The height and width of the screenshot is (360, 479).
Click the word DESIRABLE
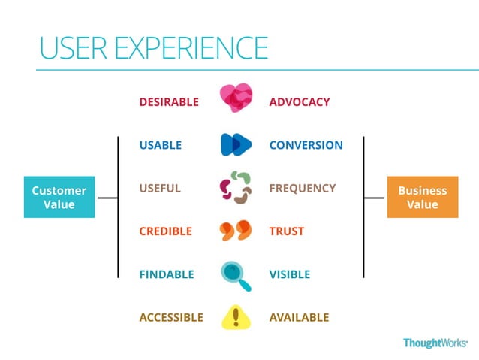pos(169,102)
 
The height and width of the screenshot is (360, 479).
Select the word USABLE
pos(160,145)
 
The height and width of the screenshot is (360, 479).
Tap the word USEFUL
pos(160,188)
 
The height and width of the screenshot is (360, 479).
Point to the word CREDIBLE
pos(165,231)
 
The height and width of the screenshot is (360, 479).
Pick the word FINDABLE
pos(166,274)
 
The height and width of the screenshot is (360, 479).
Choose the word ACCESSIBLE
pos(171,317)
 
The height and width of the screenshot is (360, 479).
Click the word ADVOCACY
pos(299,102)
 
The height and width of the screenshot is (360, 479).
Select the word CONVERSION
pos(306,145)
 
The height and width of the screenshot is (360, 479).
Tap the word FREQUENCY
pos(303,188)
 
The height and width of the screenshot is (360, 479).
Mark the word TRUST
pos(287,231)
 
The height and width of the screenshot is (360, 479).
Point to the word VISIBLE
pos(290,274)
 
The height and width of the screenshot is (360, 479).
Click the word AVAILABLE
pos(299,317)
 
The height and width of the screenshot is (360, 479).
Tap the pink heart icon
pos(236,98)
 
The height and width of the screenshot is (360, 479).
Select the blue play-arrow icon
pos(236,144)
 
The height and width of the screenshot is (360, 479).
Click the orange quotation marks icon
pos(236,230)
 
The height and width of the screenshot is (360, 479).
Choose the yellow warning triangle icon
pos(236,316)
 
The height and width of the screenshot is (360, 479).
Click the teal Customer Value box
pos(59,198)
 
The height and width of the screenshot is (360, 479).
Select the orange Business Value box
pos(422,198)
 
